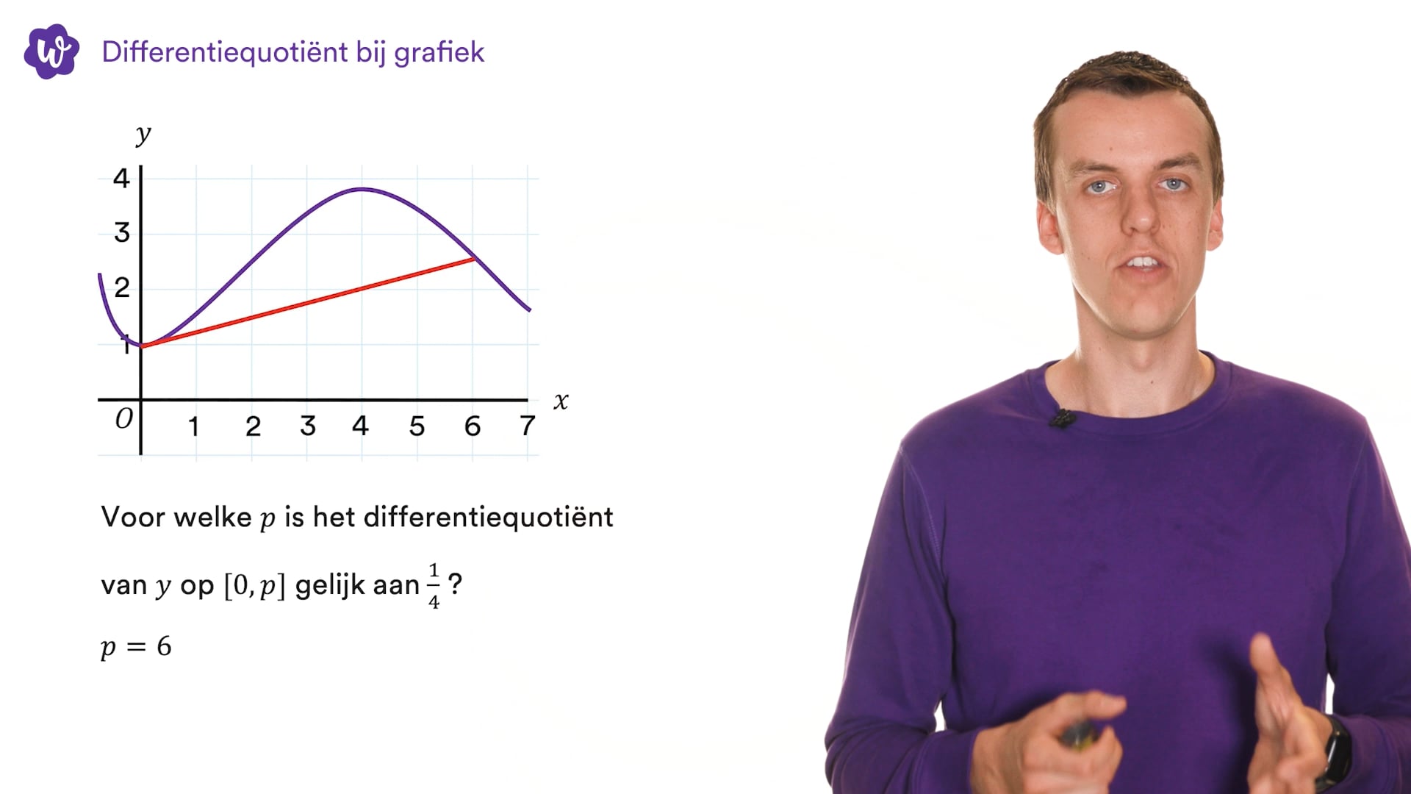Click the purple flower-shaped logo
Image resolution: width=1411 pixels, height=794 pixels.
coord(51,51)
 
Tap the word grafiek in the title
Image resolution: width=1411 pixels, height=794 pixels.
coord(439,53)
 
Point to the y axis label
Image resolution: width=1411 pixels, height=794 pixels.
coord(143,135)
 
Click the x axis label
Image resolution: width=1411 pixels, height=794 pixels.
coord(561,401)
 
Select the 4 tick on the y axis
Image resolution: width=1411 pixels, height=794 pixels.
coord(121,178)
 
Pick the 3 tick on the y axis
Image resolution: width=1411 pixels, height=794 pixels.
coord(122,233)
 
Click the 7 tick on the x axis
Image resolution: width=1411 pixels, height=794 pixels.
coord(527,426)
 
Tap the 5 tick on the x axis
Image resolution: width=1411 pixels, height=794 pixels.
coord(417,426)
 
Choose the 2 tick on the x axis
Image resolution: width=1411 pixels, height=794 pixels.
coord(253,426)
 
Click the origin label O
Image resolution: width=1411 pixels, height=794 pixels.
coord(124,418)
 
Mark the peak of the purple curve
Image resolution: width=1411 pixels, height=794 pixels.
coord(362,190)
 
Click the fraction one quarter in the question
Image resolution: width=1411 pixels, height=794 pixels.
coord(434,586)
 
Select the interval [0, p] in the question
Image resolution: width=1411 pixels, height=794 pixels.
coord(254,586)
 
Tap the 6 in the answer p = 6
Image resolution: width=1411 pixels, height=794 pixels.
coord(164,646)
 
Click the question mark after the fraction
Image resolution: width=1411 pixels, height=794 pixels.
coord(456,584)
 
